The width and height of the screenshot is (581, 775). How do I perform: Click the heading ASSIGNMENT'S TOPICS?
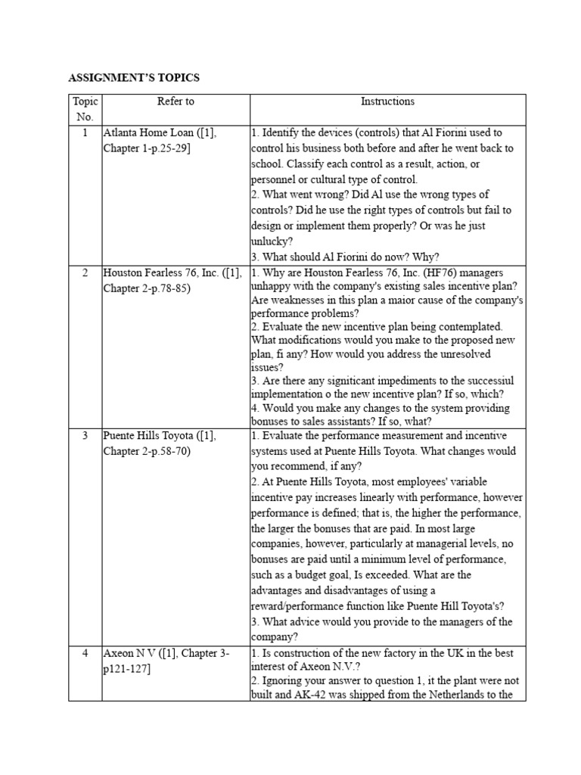(134, 77)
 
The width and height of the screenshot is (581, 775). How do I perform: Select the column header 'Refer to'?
(175, 101)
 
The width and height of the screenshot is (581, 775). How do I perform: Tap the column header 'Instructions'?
(387, 101)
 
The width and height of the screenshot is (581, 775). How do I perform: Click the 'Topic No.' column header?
(85, 109)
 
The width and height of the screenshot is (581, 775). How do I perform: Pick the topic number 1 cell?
(85, 132)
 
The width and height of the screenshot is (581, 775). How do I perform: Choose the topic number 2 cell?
(85, 272)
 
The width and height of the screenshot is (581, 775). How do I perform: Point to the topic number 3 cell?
(85, 436)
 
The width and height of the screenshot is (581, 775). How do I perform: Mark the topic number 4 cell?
(85, 652)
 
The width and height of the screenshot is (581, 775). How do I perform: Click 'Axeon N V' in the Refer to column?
(129, 652)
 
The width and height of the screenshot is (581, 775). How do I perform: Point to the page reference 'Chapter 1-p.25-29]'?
(147, 148)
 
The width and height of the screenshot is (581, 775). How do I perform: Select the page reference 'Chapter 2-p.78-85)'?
(147, 288)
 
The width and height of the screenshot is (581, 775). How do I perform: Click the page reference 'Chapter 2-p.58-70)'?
(147, 451)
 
